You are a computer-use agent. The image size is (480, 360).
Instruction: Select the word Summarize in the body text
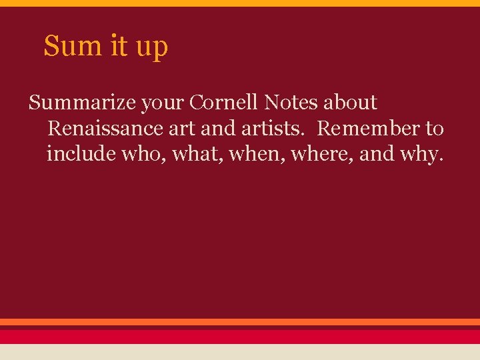pos(74,103)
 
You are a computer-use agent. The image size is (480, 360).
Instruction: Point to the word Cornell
pos(225,103)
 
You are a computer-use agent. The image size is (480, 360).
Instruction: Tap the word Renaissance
pos(101,128)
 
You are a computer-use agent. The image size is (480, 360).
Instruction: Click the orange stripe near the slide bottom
pos(240,321)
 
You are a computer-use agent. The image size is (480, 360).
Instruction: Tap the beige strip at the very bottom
pos(240,352)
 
